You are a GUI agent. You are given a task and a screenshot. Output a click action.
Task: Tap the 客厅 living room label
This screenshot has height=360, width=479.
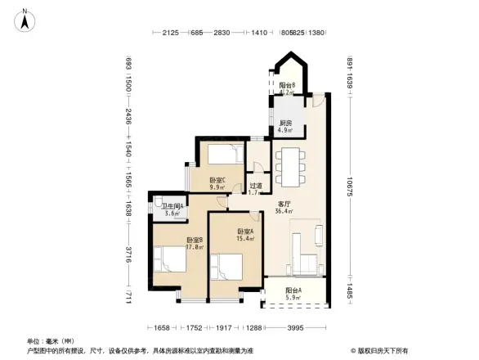(285, 204)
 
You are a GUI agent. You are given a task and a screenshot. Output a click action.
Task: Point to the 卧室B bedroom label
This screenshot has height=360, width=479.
(171, 239)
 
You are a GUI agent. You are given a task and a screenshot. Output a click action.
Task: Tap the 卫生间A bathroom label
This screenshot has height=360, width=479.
(172, 207)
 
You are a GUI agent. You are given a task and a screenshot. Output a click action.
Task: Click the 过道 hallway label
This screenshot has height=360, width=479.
(255, 186)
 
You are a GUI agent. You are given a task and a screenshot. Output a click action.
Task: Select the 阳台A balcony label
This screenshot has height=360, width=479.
(293, 290)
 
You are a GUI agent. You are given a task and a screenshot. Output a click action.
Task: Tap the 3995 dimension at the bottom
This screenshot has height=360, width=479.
(295, 328)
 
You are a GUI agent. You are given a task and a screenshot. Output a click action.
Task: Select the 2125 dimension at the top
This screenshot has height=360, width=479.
(170, 33)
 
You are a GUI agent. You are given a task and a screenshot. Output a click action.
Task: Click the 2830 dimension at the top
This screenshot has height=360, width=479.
(221, 33)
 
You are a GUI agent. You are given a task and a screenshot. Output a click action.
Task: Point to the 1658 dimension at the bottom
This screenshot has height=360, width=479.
(162, 328)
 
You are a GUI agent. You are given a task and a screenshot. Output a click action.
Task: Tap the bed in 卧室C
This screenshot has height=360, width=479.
(222, 155)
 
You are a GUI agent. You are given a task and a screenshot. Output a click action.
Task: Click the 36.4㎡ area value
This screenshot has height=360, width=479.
(285, 211)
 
